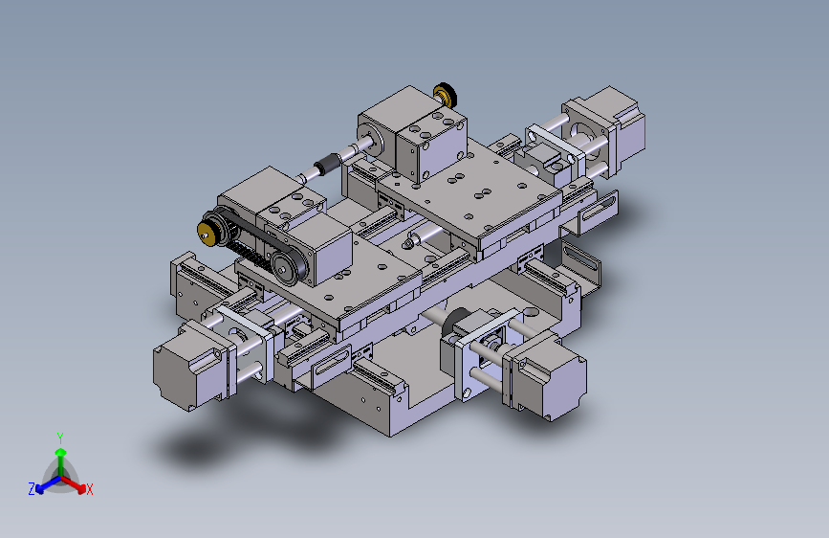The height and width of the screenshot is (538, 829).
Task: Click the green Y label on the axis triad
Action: tap(60, 438)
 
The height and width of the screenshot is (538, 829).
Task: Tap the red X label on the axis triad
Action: tap(89, 490)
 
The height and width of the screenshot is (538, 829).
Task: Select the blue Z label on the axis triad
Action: tap(32, 489)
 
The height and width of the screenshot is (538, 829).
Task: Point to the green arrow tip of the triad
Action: tap(61, 452)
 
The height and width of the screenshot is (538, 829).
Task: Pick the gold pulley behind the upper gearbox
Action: tap(446, 96)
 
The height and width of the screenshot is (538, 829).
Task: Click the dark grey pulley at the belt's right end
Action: tap(289, 267)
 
